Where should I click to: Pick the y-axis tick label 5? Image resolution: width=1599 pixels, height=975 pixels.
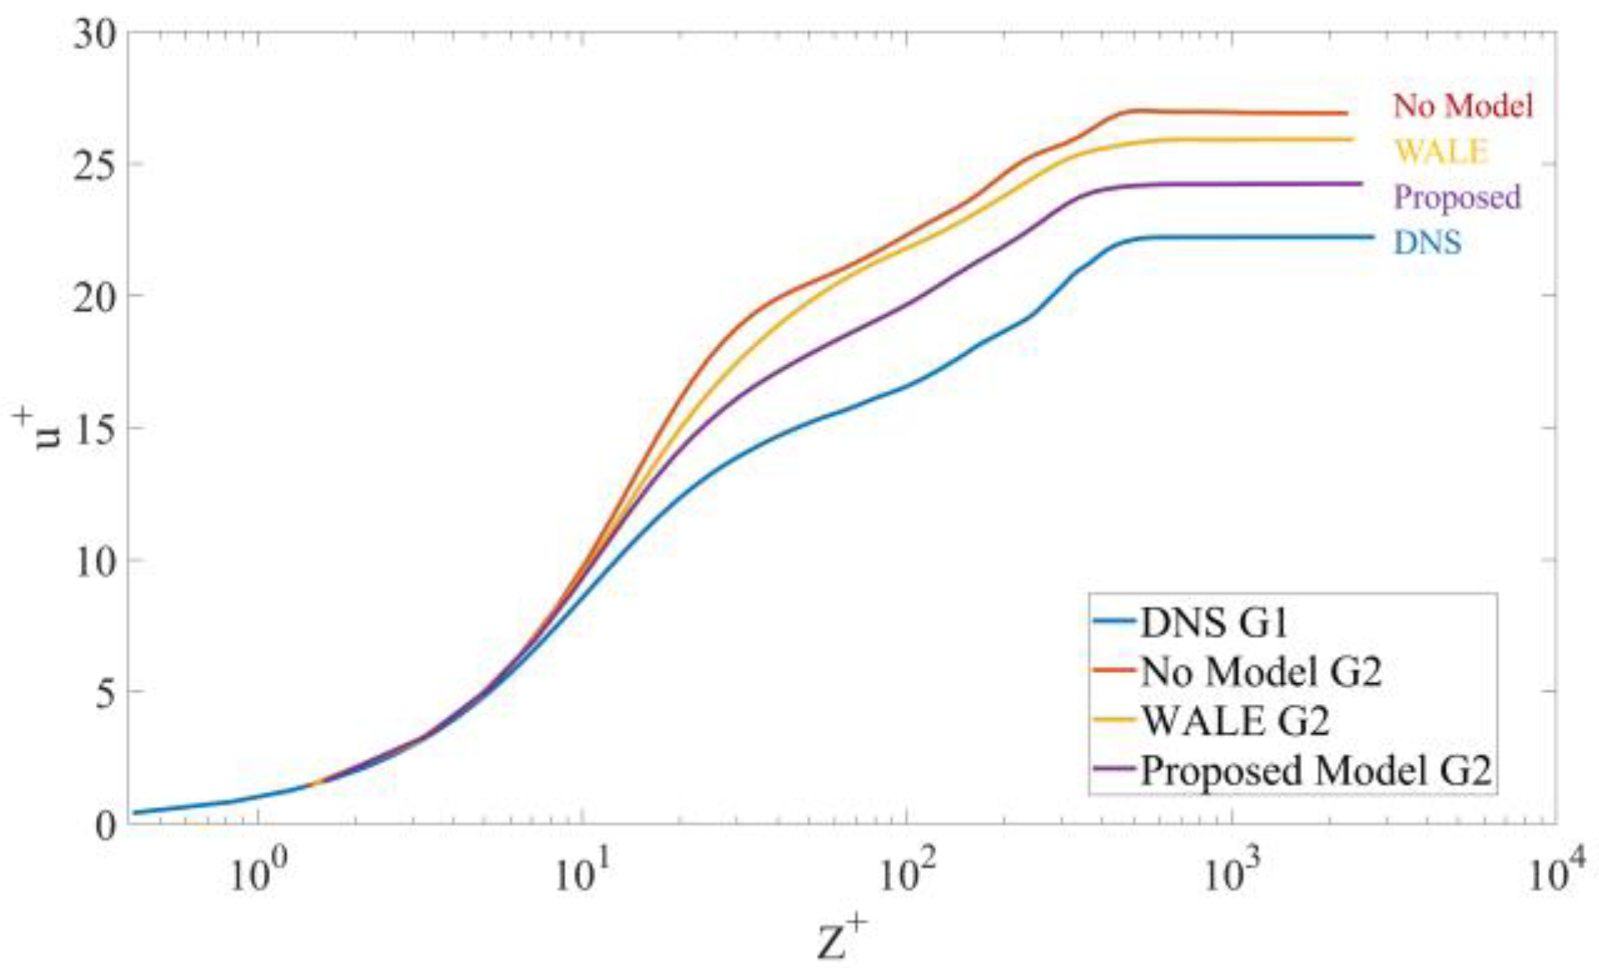107,692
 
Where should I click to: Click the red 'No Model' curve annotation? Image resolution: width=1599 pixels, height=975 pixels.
1463,106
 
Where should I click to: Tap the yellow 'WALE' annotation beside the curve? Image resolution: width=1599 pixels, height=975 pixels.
1441,152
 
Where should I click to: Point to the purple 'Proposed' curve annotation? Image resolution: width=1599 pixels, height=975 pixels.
1457,197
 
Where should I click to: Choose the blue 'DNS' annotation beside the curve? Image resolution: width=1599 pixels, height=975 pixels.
1427,242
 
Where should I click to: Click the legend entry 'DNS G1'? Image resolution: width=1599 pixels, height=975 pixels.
1214,622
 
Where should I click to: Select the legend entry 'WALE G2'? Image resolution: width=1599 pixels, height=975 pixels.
1235,721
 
